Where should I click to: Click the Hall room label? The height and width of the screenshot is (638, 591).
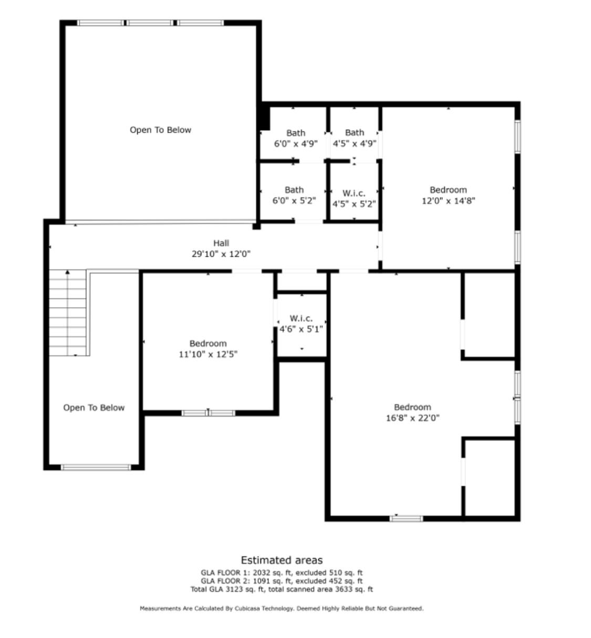coord(221,243)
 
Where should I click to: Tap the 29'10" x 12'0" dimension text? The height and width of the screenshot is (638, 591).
coord(221,254)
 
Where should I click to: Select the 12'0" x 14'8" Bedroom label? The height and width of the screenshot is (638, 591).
coord(448,190)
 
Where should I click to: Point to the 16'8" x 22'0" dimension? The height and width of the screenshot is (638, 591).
coord(412,419)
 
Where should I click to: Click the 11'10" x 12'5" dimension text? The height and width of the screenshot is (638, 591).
coord(208,354)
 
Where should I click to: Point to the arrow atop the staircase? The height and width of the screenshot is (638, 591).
coord(68,273)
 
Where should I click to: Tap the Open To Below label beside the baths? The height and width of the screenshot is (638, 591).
coord(160,130)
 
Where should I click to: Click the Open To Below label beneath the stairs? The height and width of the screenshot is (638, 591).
coord(94,408)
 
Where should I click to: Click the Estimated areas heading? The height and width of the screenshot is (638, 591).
coord(282,560)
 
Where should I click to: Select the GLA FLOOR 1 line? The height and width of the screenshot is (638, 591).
coord(282,573)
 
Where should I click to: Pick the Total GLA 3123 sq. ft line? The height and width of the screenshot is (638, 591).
coord(282,590)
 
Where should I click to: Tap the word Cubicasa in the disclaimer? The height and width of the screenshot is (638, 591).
coord(247,609)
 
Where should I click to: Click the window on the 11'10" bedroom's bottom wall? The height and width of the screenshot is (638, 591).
coord(208,413)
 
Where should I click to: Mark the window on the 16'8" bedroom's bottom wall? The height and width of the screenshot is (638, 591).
coord(406,519)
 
